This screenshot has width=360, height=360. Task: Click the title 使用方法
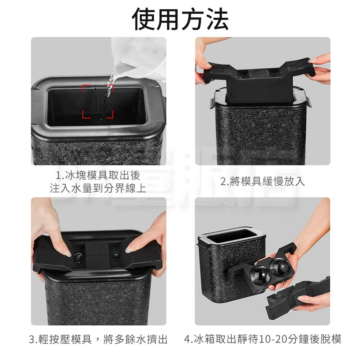click(180, 19)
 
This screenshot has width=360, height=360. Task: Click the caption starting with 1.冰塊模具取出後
click(98, 182)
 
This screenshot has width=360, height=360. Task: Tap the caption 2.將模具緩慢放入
click(263, 181)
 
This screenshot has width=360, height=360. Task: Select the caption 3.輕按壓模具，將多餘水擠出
click(98, 339)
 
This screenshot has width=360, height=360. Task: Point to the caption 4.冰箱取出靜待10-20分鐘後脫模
click(263, 339)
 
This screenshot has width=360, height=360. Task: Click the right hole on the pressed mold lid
click(116, 256)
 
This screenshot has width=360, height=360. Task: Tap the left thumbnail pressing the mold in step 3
click(67, 253)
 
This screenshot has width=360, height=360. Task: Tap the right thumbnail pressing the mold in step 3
click(129, 248)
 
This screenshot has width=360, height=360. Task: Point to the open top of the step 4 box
click(231, 236)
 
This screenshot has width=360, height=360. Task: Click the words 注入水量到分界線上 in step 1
click(98, 188)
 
